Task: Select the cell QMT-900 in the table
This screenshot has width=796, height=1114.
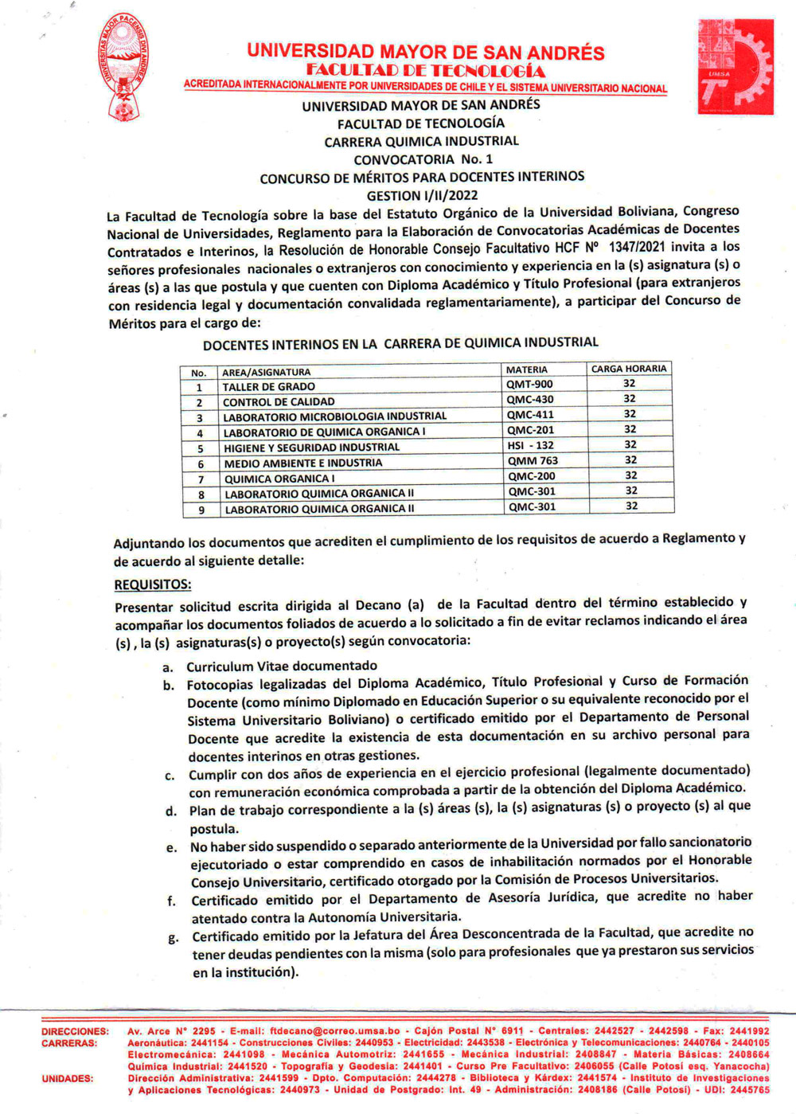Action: click(529, 385)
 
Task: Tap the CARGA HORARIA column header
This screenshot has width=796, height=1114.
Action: click(629, 369)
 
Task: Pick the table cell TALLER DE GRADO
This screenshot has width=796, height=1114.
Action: click(268, 387)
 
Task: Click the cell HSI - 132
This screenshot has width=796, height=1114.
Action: click(530, 446)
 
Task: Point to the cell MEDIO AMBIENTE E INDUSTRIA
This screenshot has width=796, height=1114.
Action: click(302, 463)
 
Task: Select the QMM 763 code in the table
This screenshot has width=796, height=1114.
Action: click(533, 461)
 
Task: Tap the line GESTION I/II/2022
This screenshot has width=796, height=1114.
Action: click(422, 195)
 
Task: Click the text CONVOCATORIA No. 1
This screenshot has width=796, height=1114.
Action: click(423, 159)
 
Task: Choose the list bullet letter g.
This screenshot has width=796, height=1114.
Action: click(174, 938)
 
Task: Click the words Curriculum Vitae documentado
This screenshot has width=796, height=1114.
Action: click(282, 666)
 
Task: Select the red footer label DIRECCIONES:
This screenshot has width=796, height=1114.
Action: click(75, 1032)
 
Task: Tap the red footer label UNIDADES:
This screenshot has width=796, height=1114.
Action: click(68, 1078)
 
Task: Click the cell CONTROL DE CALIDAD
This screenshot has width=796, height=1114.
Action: click(279, 402)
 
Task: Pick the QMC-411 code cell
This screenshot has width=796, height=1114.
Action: click(530, 415)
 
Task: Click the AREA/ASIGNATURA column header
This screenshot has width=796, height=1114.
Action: click(266, 372)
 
